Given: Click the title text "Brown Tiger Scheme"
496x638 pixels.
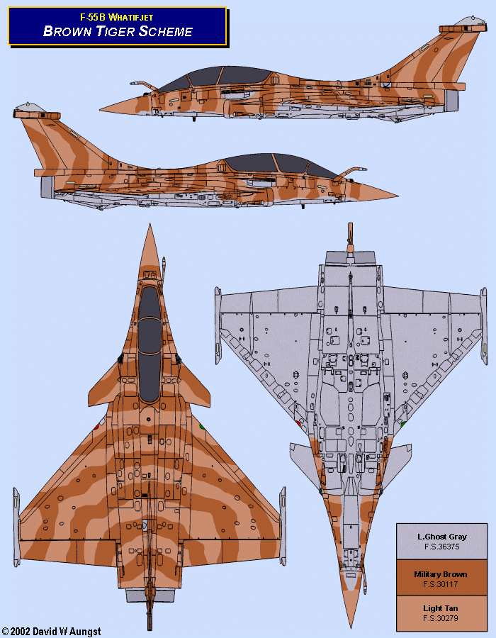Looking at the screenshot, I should tap(118, 30).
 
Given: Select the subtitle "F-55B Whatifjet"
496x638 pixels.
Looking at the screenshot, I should tap(118, 16).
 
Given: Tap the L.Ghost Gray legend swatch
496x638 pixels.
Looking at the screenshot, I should tap(442, 542).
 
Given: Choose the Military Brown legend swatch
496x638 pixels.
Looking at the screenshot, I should tap(442, 578).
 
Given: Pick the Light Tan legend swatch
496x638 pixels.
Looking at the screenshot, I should tap(442, 612).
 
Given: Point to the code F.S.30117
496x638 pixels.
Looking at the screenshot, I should tap(442, 585).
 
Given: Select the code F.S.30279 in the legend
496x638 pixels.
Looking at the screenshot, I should tap(442, 619).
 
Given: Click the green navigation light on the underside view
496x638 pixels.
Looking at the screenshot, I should tap(401, 423).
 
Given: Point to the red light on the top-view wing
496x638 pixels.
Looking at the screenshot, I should tap(96, 426).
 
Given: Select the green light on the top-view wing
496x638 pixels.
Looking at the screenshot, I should tap(202, 426).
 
